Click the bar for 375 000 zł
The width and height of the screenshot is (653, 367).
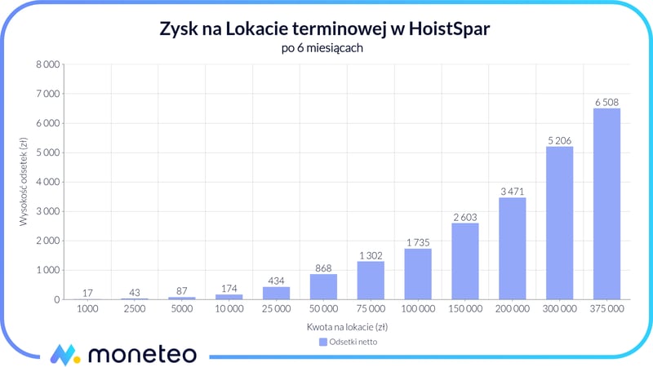(x=606, y=204)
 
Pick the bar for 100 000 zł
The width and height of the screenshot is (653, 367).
(x=417, y=274)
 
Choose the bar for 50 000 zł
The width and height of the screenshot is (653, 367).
(x=323, y=286)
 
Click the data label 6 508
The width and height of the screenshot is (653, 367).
(x=606, y=102)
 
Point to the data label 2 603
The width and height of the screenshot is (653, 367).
(x=464, y=216)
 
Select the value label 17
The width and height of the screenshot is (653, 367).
(x=87, y=292)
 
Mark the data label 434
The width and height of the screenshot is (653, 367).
(x=276, y=280)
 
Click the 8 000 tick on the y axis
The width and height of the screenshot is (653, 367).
(x=46, y=64)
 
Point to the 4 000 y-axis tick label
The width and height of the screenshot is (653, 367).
(x=46, y=182)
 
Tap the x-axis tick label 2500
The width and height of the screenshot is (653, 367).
(x=135, y=310)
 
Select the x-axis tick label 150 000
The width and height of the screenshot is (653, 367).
(x=464, y=310)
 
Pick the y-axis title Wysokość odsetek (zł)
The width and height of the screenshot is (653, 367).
(x=24, y=182)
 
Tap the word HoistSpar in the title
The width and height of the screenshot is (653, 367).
(x=447, y=29)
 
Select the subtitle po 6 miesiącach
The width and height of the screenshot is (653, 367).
(x=326, y=48)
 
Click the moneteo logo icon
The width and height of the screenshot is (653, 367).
(x=64, y=354)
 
